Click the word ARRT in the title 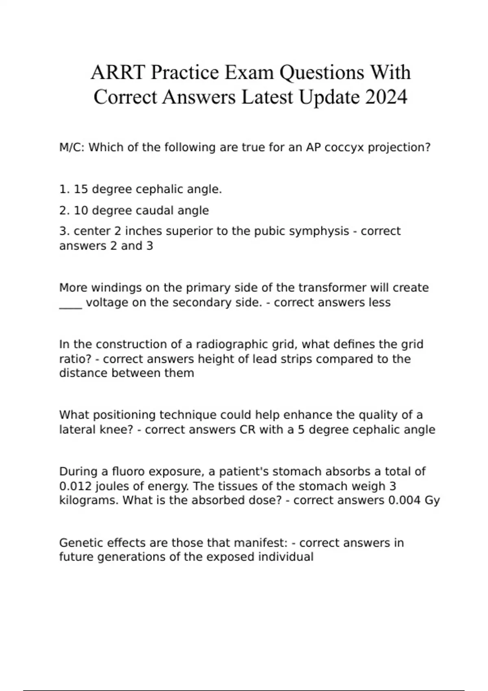click(118, 73)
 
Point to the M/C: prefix click(72, 147)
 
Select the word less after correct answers click(378, 302)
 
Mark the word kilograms click(89, 500)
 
